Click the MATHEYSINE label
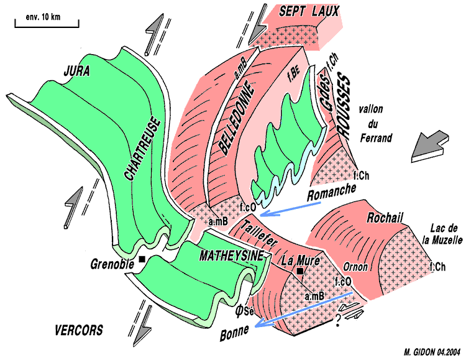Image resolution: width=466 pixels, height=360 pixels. click(x=229, y=256)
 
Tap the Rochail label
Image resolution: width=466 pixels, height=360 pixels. click(x=385, y=218)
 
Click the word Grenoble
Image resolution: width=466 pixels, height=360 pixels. click(x=112, y=263)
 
